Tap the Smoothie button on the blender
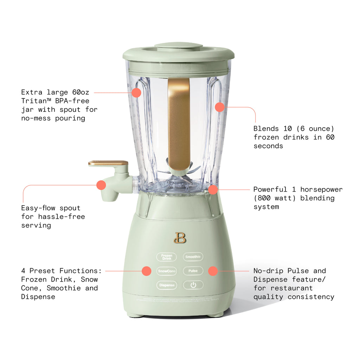[x=193, y=257]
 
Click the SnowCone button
[x=167, y=271]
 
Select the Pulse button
[x=193, y=271]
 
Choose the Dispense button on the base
[x=167, y=285]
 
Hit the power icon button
[x=193, y=285]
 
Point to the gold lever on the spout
[x=108, y=163]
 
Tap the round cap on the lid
[x=179, y=46]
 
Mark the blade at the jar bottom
[x=183, y=178]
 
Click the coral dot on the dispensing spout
[x=101, y=185]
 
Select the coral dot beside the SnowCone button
[x=147, y=271]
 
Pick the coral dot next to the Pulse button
[x=213, y=271]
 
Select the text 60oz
[x=80, y=92]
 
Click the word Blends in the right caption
[x=266, y=129]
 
